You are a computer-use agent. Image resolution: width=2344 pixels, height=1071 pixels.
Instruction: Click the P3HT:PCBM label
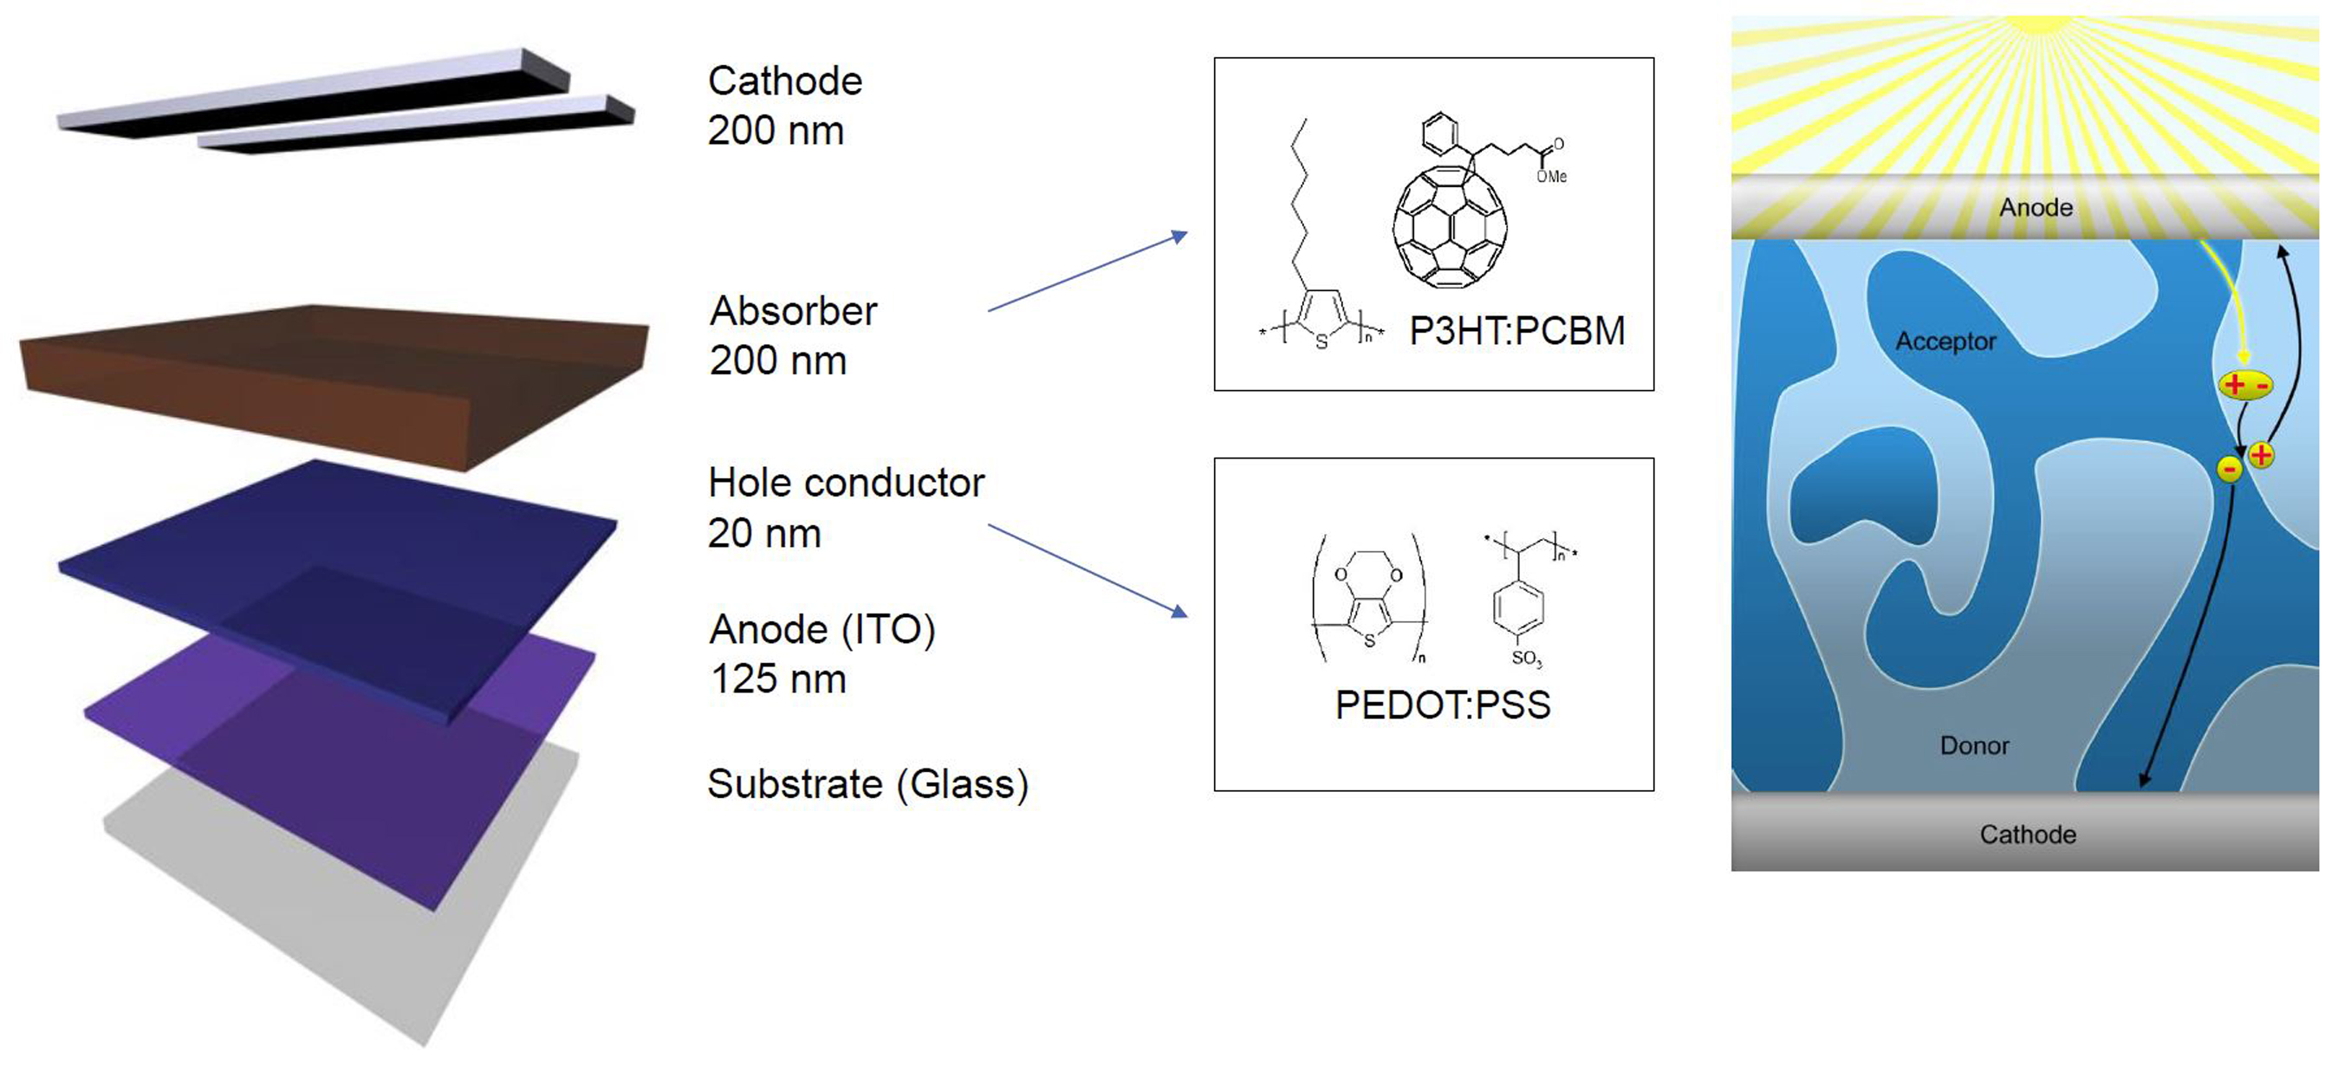click(1516, 331)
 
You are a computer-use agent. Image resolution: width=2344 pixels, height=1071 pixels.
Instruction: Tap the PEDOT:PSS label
click(1442, 705)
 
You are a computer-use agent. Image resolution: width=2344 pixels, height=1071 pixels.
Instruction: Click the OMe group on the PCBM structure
click(1551, 177)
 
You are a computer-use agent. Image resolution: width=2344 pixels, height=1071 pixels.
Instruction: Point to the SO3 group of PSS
click(1526, 658)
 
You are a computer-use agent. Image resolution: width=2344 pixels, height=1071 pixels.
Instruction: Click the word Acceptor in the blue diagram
click(1945, 341)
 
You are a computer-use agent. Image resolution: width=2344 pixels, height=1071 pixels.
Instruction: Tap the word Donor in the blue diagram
click(1974, 746)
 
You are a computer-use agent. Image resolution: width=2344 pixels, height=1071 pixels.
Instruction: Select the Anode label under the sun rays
click(2036, 208)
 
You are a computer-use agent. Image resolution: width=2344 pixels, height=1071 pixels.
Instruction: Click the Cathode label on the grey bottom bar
click(2028, 834)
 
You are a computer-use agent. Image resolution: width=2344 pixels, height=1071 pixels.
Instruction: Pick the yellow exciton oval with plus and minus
click(2245, 385)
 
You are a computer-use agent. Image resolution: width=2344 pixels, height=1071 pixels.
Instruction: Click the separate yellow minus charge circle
click(2229, 470)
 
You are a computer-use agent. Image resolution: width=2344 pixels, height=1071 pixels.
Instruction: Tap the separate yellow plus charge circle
click(2261, 455)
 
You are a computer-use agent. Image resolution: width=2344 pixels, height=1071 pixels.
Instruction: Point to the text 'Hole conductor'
click(847, 484)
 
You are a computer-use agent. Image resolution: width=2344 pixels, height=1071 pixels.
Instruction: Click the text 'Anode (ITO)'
click(821, 630)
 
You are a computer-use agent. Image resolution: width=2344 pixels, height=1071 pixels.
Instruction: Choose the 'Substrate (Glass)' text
click(867, 784)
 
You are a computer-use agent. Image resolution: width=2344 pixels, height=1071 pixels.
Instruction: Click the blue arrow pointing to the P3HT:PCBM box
click(1088, 272)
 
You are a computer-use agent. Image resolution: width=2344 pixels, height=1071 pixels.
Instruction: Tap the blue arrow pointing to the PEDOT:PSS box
click(1088, 570)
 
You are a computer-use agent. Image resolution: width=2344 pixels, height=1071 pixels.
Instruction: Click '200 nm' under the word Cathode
click(776, 131)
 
